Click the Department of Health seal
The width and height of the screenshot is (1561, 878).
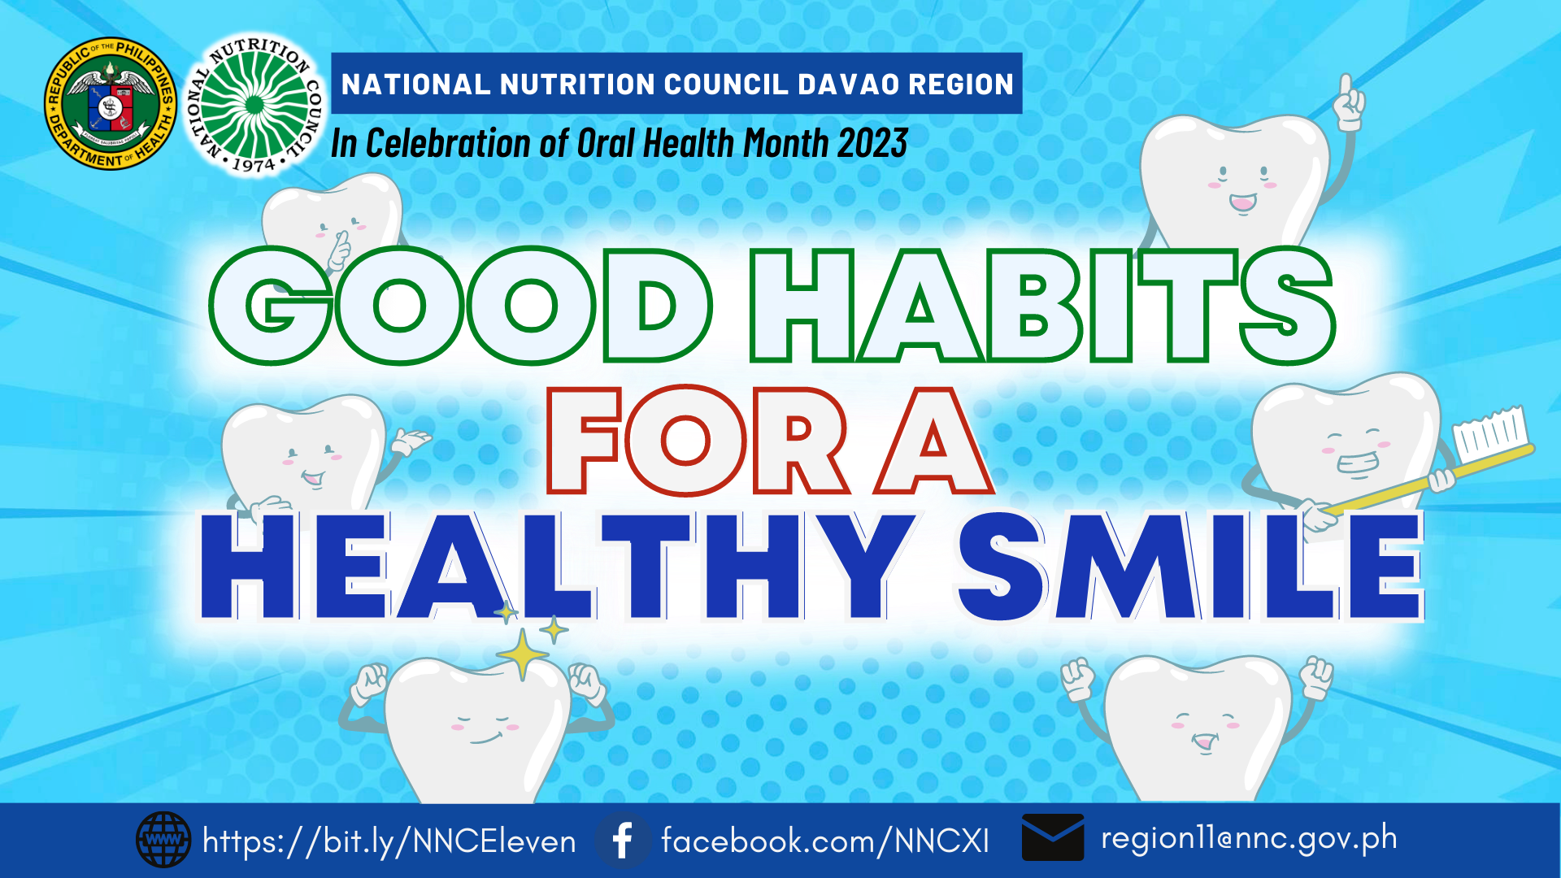(x=111, y=104)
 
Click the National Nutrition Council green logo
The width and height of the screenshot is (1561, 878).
(x=254, y=105)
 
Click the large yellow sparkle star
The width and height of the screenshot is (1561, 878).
(x=522, y=653)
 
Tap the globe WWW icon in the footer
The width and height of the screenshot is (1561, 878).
(x=163, y=840)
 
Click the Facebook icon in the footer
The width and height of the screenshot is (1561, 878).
(x=623, y=840)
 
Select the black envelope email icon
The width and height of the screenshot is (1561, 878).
(x=1053, y=837)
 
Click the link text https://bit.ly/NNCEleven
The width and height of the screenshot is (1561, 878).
(x=389, y=841)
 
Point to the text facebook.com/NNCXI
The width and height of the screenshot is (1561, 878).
(x=825, y=841)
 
